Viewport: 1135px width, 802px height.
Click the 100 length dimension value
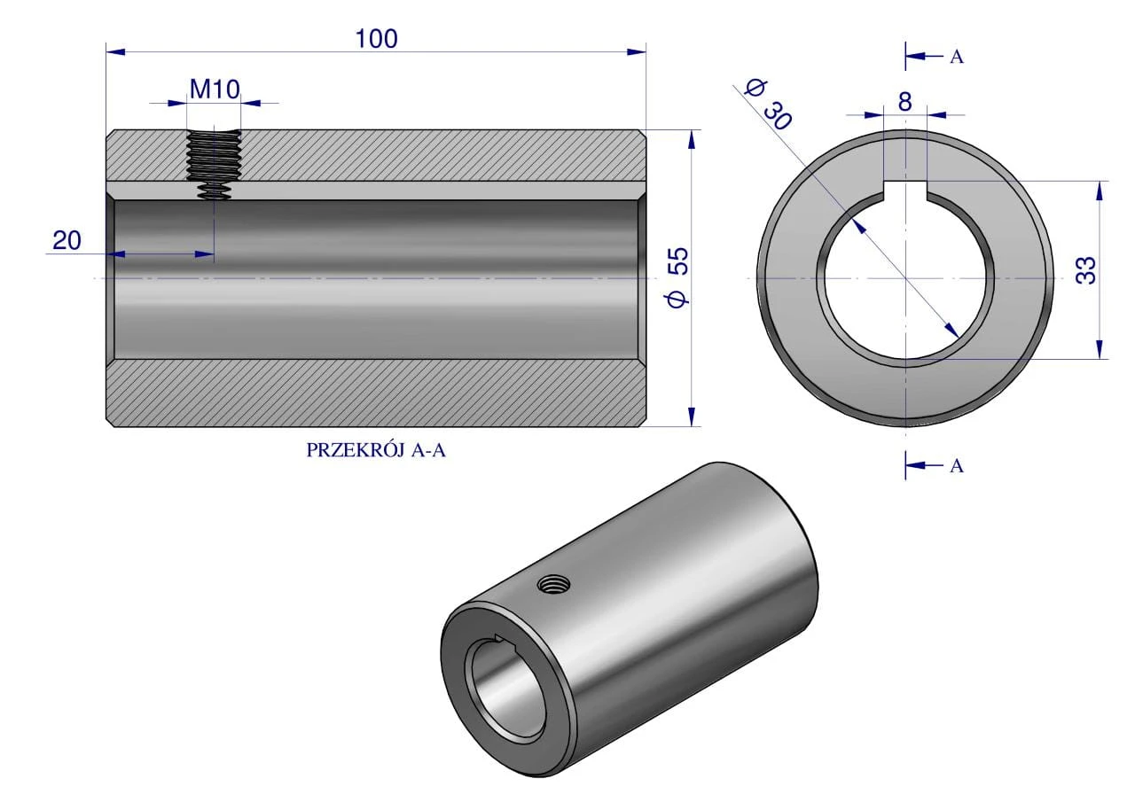[377, 39]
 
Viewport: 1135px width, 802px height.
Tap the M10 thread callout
[215, 90]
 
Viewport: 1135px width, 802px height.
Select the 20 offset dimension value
[67, 240]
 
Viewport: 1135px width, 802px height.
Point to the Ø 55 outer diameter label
[678, 277]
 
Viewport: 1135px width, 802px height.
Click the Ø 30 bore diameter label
[768, 105]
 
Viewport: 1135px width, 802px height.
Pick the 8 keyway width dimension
[905, 102]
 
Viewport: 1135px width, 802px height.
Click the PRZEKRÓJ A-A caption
[376, 450]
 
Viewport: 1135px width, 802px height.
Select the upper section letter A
[957, 58]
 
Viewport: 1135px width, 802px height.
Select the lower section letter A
[957, 466]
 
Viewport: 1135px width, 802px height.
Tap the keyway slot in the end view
[905, 191]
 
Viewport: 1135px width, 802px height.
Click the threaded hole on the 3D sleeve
[554, 585]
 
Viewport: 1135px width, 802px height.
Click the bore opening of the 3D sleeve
[509, 689]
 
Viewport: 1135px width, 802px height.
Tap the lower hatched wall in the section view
[376, 393]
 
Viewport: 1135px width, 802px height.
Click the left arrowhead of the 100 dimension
[115, 51]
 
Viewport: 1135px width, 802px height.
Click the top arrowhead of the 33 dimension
[1099, 191]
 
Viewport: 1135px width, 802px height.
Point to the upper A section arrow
[924, 56]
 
